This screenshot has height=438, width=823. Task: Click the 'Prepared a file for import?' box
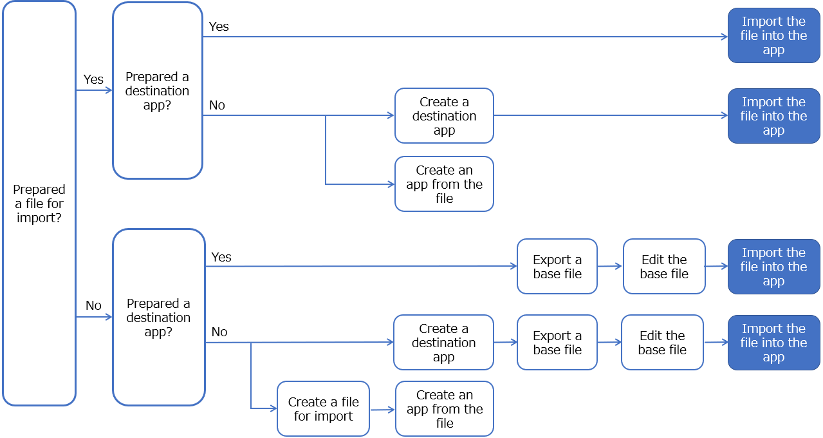(39, 204)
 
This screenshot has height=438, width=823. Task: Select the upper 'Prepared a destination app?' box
(158, 91)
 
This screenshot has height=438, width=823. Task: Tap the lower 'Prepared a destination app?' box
(158, 317)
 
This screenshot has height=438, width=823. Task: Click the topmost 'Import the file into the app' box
(773, 35)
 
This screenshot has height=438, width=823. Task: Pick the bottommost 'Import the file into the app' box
(773, 343)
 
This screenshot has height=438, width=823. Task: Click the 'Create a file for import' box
(323, 409)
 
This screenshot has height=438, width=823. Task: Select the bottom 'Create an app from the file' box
(444, 409)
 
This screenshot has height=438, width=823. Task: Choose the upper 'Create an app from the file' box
(444, 184)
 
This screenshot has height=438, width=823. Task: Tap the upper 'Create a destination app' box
(444, 116)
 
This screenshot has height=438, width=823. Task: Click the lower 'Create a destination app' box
(443, 343)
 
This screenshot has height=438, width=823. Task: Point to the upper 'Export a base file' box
(557, 267)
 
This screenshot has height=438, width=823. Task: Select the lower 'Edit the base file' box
(662, 343)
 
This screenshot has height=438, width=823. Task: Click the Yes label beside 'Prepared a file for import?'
(93, 79)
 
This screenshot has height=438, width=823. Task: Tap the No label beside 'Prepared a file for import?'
(93, 305)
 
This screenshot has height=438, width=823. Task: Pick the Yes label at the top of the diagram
(219, 26)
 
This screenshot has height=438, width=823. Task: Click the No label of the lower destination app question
(219, 332)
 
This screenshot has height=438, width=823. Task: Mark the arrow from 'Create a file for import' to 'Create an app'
(382, 409)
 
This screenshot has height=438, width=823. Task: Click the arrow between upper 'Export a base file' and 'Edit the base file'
(610, 266)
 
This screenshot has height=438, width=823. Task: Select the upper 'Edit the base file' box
(664, 267)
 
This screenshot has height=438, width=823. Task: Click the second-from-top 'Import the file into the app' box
(773, 116)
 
